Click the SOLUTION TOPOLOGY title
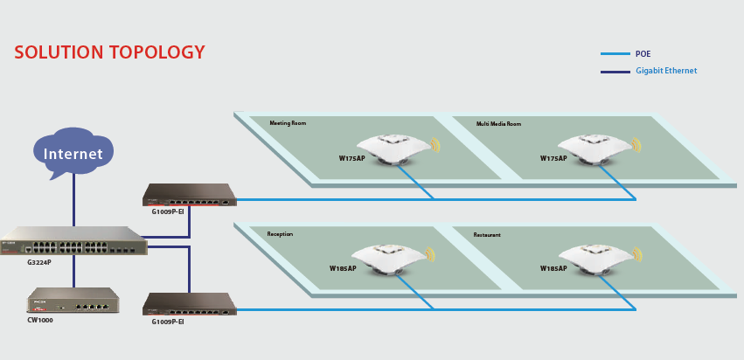[x=109, y=52]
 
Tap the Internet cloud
[x=73, y=154]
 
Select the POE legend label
[x=643, y=54]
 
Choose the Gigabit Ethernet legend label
[x=666, y=71]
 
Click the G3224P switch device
[x=73, y=240]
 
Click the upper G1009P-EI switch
[x=190, y=196]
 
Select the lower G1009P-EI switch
[x=190, y=305]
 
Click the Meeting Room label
[x=288, y=124]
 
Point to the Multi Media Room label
[x=498, y=124]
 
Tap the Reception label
[x=280, y=234]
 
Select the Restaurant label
[x=487, y=235]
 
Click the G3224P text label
[x=40, y=260]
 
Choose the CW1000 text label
[x=40, y=321]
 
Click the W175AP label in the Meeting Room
[x=352, y=158]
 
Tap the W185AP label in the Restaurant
[x=553, y=268]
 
